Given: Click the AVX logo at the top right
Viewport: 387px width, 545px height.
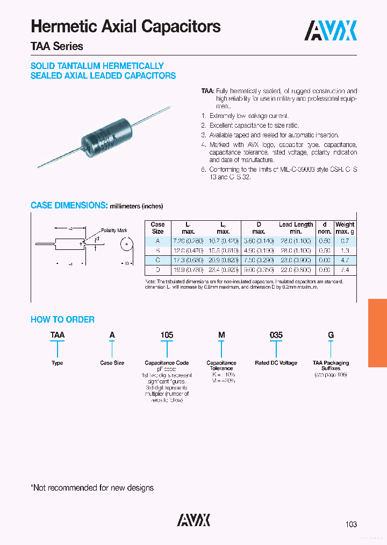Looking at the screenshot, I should (x=331, y=31).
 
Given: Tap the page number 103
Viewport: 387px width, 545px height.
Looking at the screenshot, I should (x=350, y=524).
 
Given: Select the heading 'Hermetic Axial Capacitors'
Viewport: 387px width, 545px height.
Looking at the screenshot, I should (x=126, y=26).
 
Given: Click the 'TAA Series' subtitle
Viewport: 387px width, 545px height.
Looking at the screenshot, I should (x=57, y=47).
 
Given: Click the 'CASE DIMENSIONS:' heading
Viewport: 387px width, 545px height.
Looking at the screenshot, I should (x=69, y=205).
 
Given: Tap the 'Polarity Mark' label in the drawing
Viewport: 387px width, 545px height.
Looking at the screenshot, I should (x=114, y=230).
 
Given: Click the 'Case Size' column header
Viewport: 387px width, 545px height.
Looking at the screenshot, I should (x=157, y=228).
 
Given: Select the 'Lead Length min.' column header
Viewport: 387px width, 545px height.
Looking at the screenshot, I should (x=296, y=228).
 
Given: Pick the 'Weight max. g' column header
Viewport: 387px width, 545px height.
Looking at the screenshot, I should (x=345, y=228).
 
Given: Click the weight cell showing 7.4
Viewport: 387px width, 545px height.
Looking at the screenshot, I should (x=345, y=269).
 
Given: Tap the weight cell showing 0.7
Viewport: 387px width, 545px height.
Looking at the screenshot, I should (x=345, y=242).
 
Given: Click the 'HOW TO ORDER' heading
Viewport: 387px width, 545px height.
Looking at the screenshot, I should (x=62, y=319).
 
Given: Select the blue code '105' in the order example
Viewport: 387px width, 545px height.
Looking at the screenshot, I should (x=167, y=335).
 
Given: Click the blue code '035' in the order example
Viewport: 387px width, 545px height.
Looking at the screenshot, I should (x=276, y=335).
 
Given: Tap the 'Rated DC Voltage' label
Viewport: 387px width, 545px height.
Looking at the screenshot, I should (x=276, y=363).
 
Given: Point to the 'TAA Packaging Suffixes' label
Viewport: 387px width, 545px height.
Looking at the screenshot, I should (x=331, y=366).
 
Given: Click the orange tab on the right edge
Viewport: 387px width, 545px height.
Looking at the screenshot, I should (x=377, y=333).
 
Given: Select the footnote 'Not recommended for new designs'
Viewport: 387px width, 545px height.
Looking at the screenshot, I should (x=92, y=488).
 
